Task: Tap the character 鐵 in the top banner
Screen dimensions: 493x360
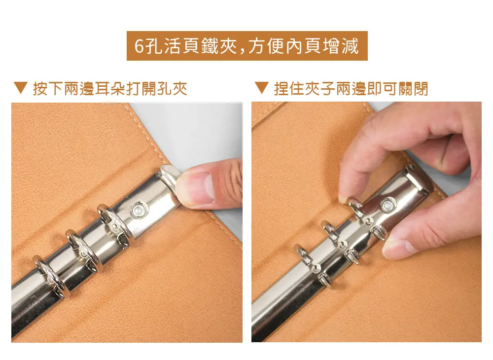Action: (210, 46)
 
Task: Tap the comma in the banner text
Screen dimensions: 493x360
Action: (242, 51)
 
